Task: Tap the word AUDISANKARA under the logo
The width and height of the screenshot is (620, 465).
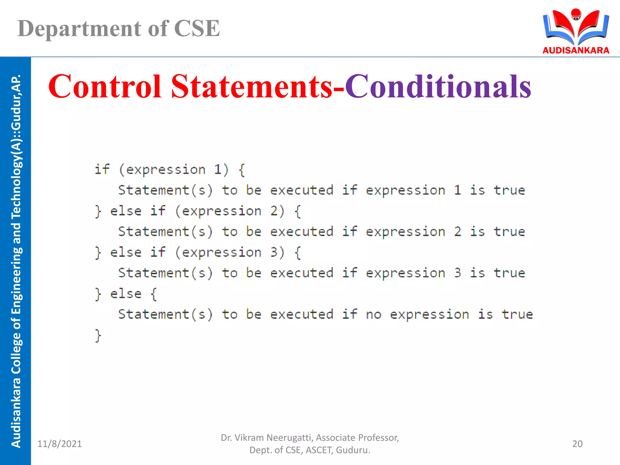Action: pos(576,50)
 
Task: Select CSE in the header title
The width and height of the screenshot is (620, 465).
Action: pos(197,28)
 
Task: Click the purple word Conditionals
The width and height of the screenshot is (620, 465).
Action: pos(438,87)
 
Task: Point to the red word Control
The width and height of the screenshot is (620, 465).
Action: pos(104,87)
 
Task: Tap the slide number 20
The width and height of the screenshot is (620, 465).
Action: pos(577,444)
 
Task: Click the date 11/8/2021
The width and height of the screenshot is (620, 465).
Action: pos(59,444)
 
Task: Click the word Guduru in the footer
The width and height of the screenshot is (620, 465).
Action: pos(352,450)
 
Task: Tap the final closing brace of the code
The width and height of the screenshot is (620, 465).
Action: pos(98,335)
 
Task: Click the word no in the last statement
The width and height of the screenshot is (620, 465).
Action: pos(374,315)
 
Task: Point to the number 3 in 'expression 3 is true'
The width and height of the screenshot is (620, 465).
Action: pos(457,273)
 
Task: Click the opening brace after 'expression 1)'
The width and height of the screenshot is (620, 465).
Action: pos(241,170)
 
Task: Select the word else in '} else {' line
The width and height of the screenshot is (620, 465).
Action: pos(126,294)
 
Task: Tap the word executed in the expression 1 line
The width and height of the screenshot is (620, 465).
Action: pos(302,190)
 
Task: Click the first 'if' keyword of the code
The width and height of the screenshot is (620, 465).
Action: pos(102,169)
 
